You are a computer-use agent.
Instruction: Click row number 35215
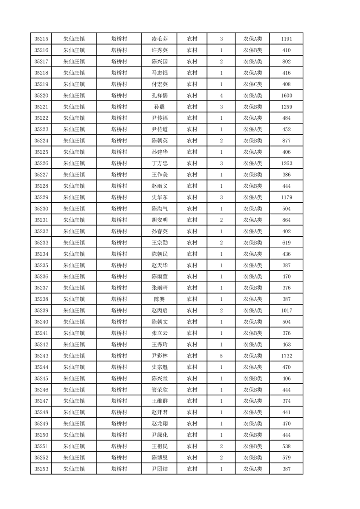pos(41,39)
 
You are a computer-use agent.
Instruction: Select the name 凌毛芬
pos(159,39)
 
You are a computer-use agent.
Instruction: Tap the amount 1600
pos(286,96)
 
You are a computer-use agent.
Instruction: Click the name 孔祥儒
pos(159,96)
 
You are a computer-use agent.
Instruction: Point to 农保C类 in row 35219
pos(252,84)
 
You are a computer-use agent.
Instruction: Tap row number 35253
pos(41,469)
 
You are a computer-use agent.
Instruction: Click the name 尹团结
pos(159,469)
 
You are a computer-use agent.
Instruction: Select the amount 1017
pos(286,311)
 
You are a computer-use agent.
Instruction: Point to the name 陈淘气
pos(159,209)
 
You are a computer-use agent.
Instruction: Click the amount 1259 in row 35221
pos(286,107)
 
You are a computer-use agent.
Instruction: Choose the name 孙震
pos(159,107)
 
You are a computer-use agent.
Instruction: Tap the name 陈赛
pos(159,299)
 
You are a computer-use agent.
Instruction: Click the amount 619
pos(286,243)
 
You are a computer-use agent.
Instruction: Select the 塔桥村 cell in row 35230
pos(119,209)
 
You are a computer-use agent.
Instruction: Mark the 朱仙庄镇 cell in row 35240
pos(74,322)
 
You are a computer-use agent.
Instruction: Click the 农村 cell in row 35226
pos(192,163)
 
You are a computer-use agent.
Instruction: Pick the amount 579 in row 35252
pos(286,458)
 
